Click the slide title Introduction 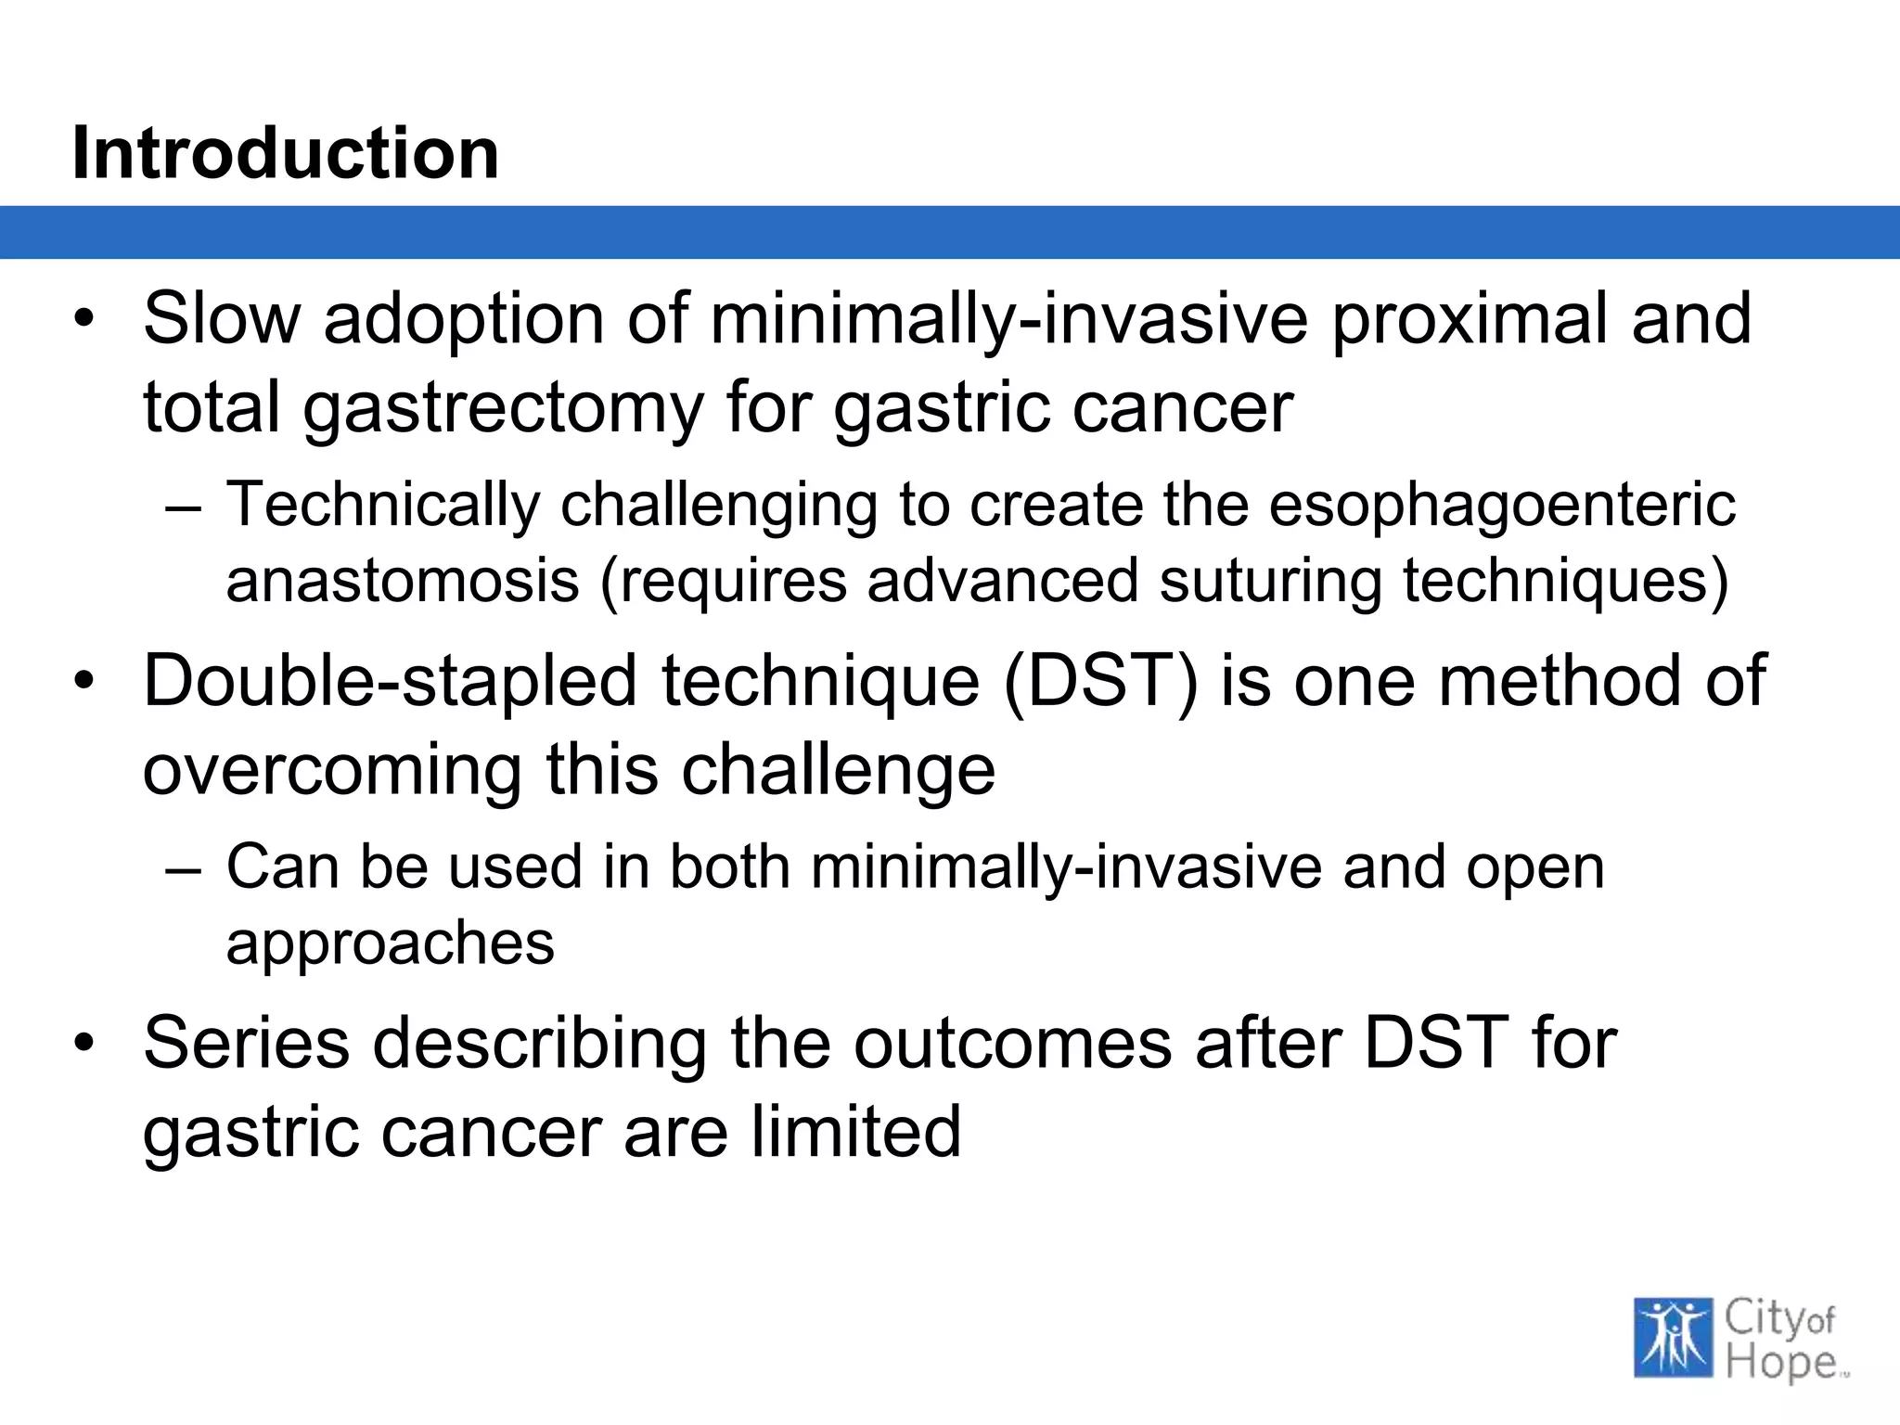285,153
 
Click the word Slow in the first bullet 222,318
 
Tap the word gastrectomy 504,408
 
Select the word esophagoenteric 1501,507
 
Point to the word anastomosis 403,581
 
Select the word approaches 390,944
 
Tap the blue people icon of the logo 1673,1337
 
